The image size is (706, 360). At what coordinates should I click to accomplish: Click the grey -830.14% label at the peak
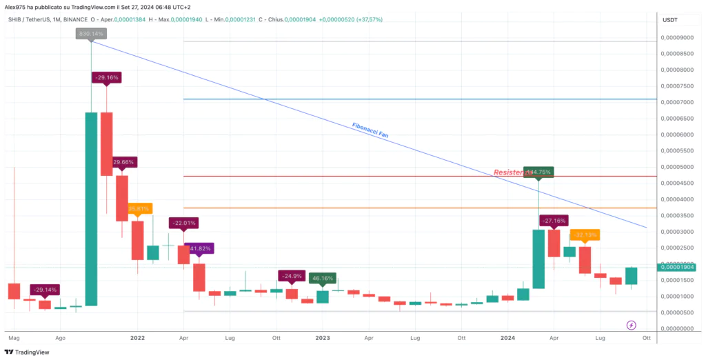tap(91, 33)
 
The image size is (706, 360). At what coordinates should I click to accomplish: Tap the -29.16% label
tap(106, 78)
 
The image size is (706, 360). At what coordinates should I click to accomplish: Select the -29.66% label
tap(121, 162)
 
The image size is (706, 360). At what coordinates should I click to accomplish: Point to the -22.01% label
tap(184, 223)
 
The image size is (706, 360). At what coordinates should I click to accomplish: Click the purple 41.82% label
tap(199, 248)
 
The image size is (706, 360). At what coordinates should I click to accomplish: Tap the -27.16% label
tap(554, 221)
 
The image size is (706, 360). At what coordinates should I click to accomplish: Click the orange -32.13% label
tap(585, 234)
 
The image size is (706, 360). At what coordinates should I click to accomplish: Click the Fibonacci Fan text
tap(370, 130)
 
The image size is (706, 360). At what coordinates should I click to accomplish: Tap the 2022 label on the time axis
tap(137, 339)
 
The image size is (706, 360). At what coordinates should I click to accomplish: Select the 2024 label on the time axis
tap(507, 339)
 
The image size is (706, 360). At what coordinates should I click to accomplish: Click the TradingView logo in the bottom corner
tap(28, 352)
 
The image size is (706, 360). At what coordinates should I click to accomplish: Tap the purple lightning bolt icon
tap(631, 324)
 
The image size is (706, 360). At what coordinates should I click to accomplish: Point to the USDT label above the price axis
tap(669, 20)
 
